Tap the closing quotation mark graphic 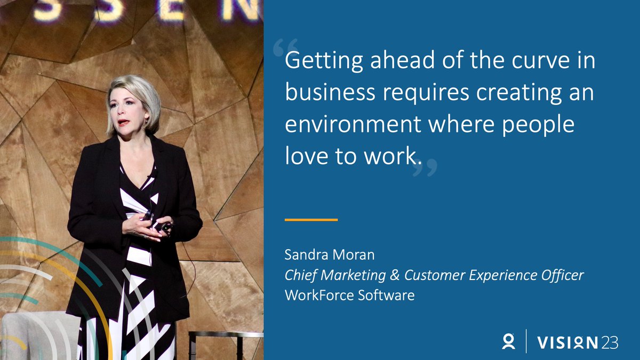click(425, 167)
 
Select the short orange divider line click(311, 219)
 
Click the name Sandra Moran click(330, 255)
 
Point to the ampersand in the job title click(395, 275)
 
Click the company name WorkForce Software click(349, 295)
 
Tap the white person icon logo click(508, 341)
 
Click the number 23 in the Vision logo click(610, 342)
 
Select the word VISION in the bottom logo click(567, 342)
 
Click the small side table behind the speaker click(224, 336)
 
